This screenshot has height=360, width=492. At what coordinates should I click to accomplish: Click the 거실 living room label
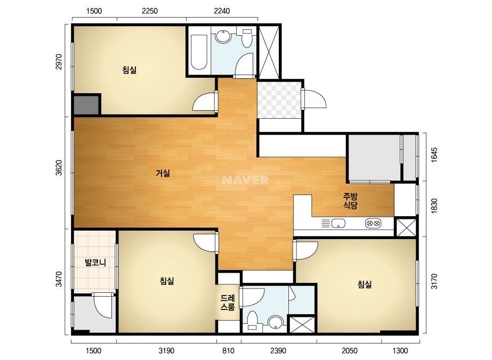[x=163, y=173]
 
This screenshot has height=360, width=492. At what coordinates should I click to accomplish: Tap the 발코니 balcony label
[x=95, y=262]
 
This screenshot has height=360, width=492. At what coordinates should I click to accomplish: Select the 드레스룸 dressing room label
[x=228, y=302]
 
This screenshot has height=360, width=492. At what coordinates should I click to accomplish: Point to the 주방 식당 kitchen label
[x=350, y=201]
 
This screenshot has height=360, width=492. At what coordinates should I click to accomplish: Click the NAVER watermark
[x=245, y=180]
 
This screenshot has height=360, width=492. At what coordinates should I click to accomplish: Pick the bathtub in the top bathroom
[x=199, y=52]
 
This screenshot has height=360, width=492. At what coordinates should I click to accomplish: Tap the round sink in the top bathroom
[x=223, y=36]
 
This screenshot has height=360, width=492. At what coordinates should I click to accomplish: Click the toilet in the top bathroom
[x=247, y=38]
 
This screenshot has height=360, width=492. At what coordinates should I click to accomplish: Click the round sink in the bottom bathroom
[x=276, y=322]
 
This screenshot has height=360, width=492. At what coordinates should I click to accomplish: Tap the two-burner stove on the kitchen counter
[x=373, y=224]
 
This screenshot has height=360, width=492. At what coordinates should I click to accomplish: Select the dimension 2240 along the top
[x=222, y=11]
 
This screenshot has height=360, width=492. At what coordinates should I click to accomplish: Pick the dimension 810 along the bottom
[x=228, y=350]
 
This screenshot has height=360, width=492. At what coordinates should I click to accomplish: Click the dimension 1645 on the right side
[x=434, y=155]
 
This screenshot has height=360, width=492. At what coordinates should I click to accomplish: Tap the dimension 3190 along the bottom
[x=166, y=350]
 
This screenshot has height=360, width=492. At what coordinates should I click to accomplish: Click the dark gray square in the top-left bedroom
[x=86, y=105]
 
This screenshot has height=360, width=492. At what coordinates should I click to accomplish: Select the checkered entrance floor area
[x=279, y=100]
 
